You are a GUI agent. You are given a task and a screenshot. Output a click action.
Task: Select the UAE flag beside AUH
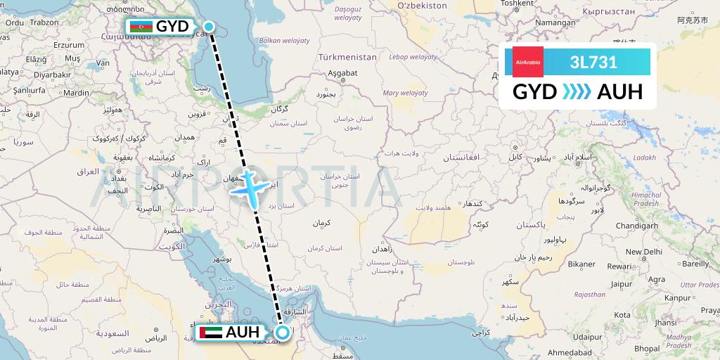(x=211, y=333)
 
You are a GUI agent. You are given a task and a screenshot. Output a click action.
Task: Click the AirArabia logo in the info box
(x=528, y=62)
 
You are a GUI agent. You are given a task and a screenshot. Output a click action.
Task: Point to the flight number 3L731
(x=594, y=62)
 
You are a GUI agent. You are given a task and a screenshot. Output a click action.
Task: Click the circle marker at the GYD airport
(x=209, y=27)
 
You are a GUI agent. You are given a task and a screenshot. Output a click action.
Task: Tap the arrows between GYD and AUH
(x=577, y=92)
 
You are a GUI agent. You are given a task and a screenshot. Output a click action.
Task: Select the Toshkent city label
(x=519, y=4)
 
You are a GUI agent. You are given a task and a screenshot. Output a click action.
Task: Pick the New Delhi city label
(x=643, y=251)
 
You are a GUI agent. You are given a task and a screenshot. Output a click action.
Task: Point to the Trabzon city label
(x=44, y=22)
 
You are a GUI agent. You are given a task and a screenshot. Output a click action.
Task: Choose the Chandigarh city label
(x=636, y=225)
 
